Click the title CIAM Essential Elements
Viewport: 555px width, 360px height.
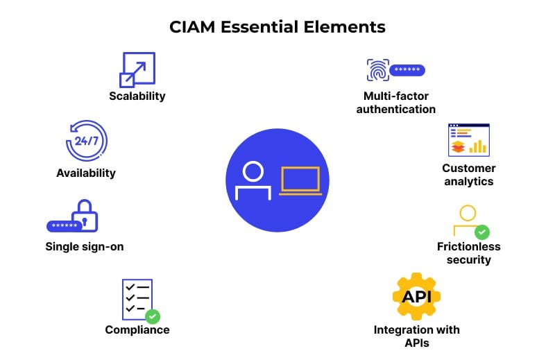[277, 28]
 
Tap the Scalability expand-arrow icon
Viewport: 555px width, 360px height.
[137, 70]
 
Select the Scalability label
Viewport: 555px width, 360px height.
[137, 96]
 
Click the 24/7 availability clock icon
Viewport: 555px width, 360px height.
[86, 142]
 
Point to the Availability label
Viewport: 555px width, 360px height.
[86, 173]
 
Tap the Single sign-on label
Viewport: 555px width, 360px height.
[85, 246]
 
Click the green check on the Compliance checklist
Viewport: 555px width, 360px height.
[152, 316]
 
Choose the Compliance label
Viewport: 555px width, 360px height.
[137, 329]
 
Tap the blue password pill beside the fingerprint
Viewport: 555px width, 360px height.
[407, 70]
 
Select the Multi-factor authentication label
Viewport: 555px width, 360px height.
[395, 103]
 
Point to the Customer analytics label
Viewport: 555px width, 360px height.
[469, 175]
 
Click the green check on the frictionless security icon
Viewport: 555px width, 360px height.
[481, 232]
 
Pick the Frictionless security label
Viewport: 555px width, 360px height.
[469, 253]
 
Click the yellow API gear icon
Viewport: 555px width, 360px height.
[416, 296]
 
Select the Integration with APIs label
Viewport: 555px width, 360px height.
[416, 336]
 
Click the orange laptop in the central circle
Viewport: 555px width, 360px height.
[300, 180]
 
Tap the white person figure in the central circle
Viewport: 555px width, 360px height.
[253, 180]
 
